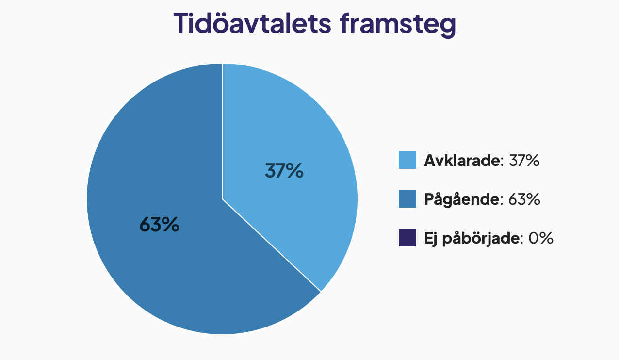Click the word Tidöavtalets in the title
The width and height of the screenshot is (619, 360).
coord(252,23)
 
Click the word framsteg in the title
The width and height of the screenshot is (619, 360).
coord(398,25)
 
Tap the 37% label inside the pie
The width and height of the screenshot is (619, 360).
coord(284,171)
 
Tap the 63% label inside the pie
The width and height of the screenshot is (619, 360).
coord(160,224)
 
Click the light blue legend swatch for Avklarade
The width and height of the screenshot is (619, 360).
coord(407,160)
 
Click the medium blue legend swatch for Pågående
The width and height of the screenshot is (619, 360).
coord(407,199)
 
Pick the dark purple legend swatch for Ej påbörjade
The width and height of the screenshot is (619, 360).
coord(407,238)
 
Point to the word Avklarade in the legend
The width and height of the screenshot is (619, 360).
coord(462,160)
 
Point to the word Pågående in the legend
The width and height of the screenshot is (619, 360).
coord(462,199)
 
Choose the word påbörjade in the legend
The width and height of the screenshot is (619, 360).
coord(481,238)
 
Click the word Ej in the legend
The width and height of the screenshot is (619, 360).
coord(431,238)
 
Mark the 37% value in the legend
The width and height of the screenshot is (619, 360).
coord(524,160)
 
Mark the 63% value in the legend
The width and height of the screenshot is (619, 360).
coord(524,199)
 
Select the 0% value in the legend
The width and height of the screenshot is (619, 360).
coord(541,238)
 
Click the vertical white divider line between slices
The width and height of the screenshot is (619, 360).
coord(222,131)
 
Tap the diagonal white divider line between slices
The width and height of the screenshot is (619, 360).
coord(271,245)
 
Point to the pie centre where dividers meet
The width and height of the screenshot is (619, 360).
coord(222,199)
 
